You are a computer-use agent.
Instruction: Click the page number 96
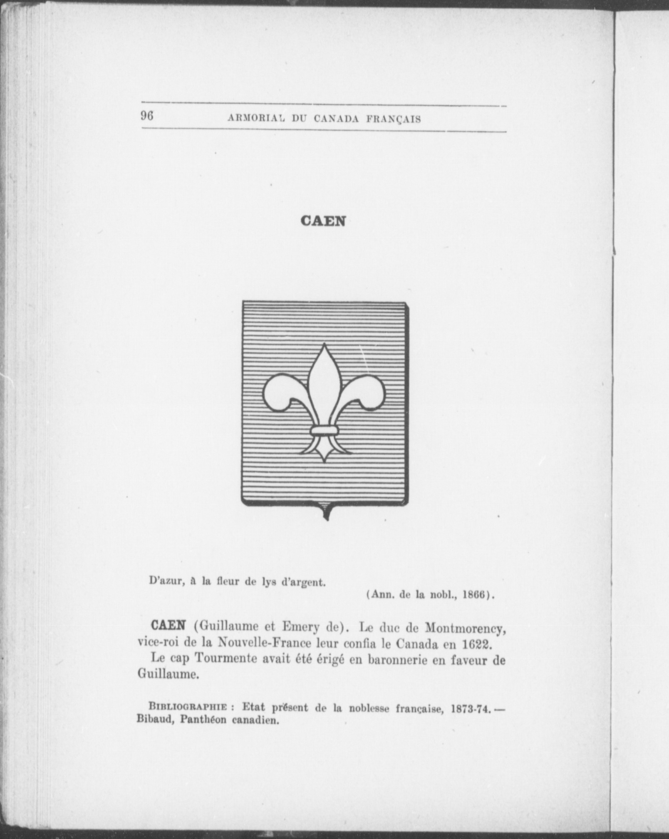click(x=147, y=116)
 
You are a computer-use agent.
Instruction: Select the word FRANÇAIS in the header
click(x=394, y=119)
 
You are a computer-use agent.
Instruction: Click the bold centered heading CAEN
click(x=323, y=221)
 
